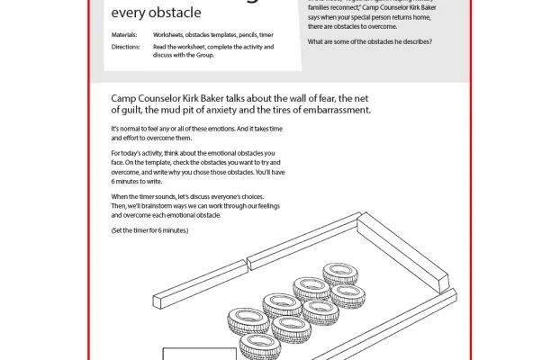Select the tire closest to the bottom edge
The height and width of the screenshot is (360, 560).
[259, 346]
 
